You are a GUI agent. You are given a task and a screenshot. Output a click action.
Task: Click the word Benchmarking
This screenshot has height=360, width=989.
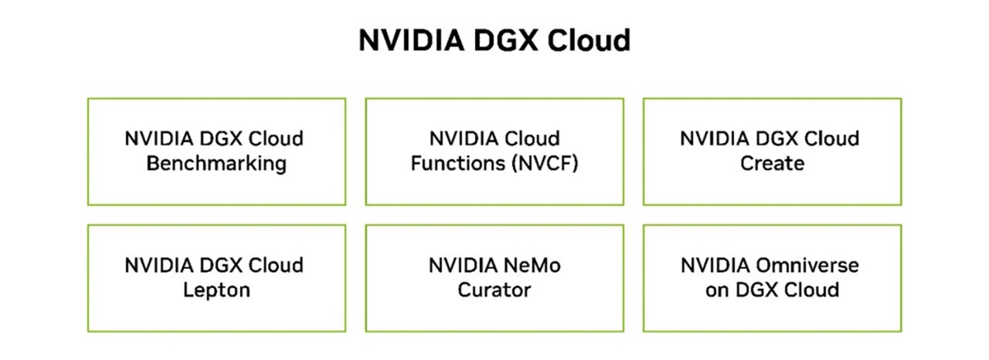click(216, 164)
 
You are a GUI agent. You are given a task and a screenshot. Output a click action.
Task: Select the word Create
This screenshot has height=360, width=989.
click(772, 164)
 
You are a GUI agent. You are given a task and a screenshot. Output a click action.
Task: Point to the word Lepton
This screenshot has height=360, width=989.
click(216, 290)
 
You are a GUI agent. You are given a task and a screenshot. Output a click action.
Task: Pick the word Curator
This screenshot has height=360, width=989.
click(494, 290)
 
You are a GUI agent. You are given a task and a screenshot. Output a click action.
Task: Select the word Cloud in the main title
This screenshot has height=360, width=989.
click(589, 40)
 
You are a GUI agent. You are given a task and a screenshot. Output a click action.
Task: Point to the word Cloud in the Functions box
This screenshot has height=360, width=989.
click(532, 139)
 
